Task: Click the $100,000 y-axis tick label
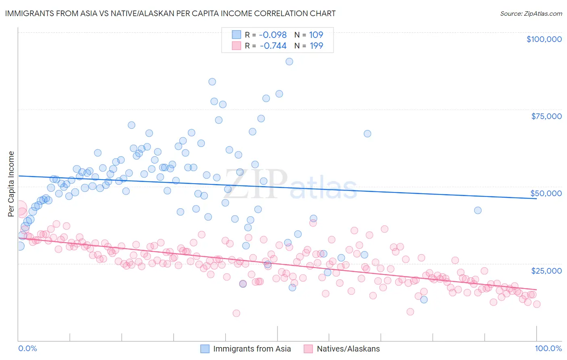[544, 39]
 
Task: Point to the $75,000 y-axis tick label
[546, 116]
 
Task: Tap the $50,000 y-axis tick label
[546, 193]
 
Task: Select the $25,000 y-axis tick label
[546, 271]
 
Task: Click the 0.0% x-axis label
[27, 348]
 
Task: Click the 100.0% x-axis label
[548, 348]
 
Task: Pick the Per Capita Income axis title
[11, 184]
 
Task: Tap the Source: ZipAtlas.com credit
[531, 14]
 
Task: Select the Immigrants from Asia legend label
[252, 349]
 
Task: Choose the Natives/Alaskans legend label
[348, 349]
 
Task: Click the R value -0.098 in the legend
[273, 35]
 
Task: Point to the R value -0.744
[273, 46]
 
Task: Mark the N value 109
[316, 35]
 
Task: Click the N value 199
[316, 46]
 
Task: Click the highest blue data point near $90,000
[289, 62]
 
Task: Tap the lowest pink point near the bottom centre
[236, 313]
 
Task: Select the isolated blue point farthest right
[478, 210]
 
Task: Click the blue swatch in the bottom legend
[205, 349]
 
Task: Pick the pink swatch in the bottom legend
[309, 349]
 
